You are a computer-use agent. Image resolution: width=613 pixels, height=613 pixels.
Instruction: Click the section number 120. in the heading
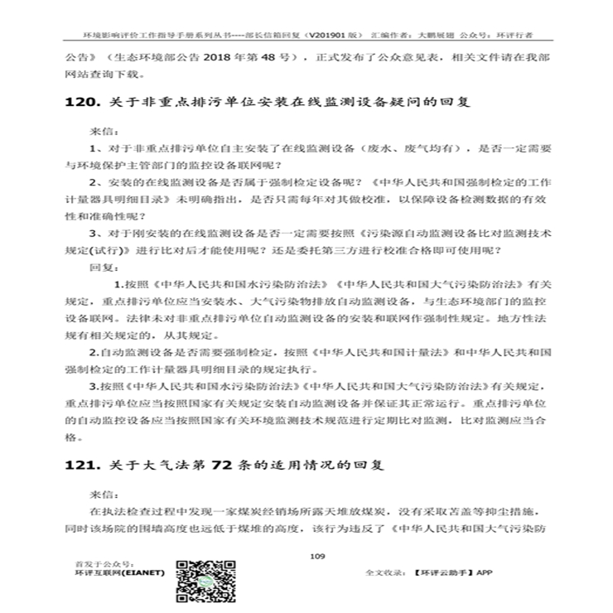click(x=80, y=104)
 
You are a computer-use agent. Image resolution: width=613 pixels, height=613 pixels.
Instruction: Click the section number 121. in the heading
click(x=80, y=466)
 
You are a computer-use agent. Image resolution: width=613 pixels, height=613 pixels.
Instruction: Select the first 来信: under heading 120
click(x=104, y=131)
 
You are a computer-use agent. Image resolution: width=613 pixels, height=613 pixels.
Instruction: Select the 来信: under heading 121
click(x=104, y=493)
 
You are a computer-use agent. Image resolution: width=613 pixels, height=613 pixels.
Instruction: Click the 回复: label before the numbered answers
click(x=104, y=267)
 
